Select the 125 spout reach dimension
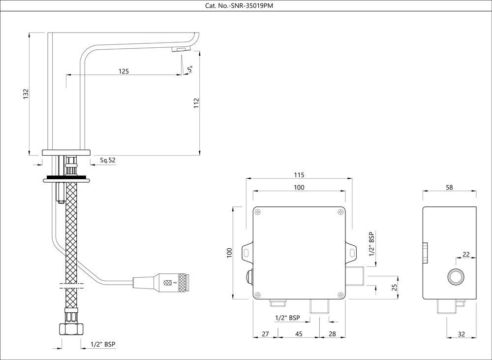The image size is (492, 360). pos(123,71)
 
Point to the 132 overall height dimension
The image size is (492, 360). pos(26,94)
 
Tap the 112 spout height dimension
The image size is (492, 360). pos(196,102)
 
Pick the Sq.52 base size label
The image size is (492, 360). pos(108,160)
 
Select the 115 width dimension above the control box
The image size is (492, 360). pos(299,175)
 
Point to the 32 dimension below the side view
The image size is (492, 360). pos(461,334)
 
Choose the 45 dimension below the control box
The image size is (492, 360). pos(299,334)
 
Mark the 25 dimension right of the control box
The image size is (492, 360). pos(394,287)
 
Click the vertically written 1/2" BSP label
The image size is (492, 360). pos(372,244)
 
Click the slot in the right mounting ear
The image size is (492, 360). pos(352,253)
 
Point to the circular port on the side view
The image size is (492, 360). pos(456,277)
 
